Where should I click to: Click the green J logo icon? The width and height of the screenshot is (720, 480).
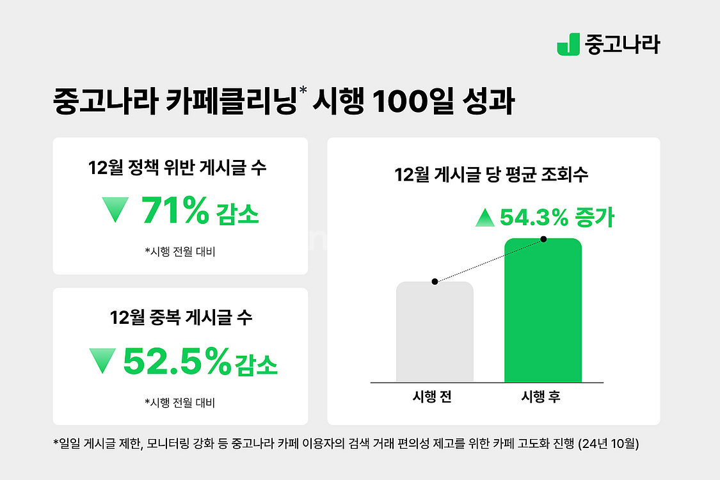[568, 44]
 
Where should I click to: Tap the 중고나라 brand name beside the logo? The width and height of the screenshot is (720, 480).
[622, 44]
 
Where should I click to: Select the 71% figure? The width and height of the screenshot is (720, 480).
[174, 212]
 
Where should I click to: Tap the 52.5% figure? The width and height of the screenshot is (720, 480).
[177, 362]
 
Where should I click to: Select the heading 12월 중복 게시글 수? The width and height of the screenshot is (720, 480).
[181, 317]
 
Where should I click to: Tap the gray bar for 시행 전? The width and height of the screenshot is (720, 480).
[435, 333]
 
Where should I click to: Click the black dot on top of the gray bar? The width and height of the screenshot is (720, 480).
[435, 282]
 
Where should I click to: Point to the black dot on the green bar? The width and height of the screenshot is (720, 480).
[543, 239]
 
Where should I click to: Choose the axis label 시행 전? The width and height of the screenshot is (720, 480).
[434, 397]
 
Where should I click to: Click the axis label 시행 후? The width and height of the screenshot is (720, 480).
[542, 397]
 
